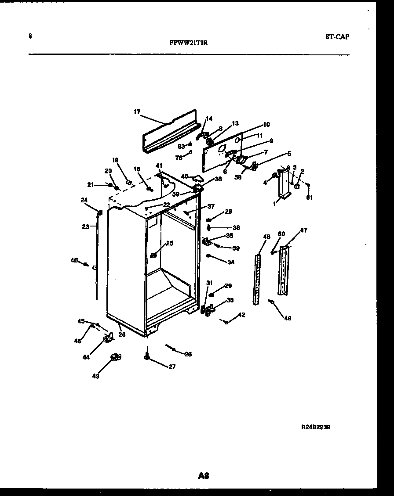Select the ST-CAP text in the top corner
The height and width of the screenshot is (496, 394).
(x=337, y=37)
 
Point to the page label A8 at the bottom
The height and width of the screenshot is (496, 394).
(x=203, y=476)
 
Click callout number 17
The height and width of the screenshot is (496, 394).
(x=137, y=112)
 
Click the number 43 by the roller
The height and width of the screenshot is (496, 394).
(x=95, y=376)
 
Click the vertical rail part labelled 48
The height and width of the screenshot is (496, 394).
(x=257, y=279)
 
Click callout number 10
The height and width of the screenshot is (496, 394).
(x=266, y=125)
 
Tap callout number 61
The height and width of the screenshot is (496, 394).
(x=310, y=197)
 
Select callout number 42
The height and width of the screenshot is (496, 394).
(x=241, y=314)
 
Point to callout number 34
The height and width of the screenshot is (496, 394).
(x=230, y=262)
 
